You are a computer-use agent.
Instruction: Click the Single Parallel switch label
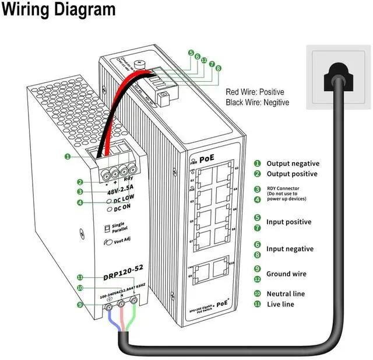[119, 227]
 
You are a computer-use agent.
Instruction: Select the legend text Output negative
[293, 164]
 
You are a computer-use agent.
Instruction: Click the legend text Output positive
[292, 174]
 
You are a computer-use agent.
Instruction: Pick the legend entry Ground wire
[286, 274]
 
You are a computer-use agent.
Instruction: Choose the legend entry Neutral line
[286, 293]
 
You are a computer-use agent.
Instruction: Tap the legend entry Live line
[280, 304]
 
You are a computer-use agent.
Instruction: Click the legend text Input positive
[288, 222]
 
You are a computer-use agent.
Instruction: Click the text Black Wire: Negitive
[257, 103]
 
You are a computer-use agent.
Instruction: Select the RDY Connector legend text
[284, 188]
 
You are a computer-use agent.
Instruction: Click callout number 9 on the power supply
[80, 305]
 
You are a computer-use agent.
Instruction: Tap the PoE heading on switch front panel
[207, 159]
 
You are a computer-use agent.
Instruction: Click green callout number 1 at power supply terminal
[68, 156]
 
